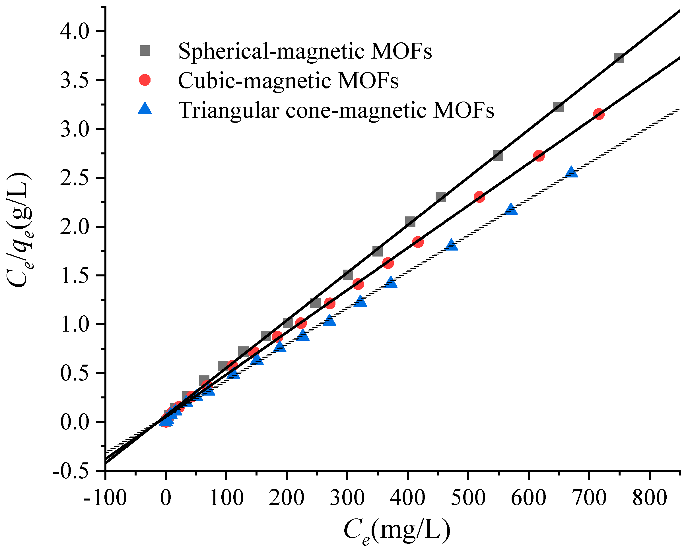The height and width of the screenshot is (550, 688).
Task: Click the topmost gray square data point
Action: (619, 58)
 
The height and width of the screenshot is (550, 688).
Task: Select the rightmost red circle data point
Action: (599, 114)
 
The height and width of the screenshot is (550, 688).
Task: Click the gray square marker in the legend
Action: (145, 51)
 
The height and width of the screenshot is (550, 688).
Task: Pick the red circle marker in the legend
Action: (145, 80)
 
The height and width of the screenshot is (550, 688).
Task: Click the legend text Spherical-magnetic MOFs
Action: (305, 51)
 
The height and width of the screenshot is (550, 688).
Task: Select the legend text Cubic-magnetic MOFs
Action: (288, 80)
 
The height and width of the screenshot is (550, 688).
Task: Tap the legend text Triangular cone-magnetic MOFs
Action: (336, 110)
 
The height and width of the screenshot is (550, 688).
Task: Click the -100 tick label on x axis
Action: (105, 498)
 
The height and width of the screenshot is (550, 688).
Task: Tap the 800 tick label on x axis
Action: (650, 498)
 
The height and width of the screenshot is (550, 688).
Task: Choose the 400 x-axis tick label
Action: (407, 498)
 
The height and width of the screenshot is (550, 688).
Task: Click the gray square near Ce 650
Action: (558, 107)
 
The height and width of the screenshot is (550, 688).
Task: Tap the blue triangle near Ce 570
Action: (511, 209)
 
